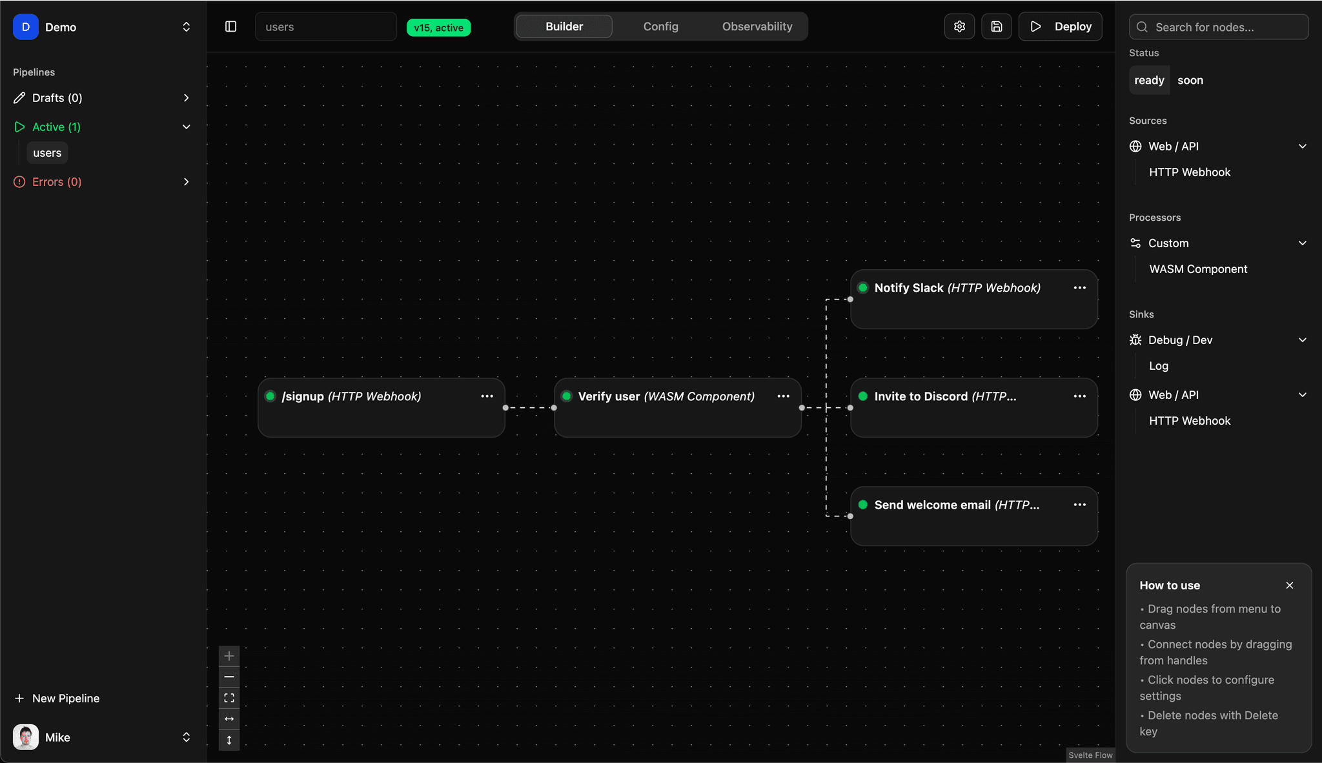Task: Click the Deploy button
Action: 1060,26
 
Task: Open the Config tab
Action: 660,26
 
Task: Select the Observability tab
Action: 757,26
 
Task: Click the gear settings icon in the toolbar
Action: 959,26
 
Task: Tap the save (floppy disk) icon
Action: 997,26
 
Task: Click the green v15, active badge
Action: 439,28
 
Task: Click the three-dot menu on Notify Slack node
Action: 1080,288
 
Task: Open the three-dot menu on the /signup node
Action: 487,396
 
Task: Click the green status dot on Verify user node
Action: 567,396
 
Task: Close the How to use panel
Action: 1290,585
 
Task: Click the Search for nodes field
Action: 1219,27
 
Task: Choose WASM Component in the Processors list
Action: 1198,269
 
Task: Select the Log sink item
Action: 1159,366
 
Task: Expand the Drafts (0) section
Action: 102,98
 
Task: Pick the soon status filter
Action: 1190,80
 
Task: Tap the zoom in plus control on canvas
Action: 229,656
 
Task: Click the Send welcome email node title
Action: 932,505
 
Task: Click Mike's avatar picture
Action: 26,737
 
